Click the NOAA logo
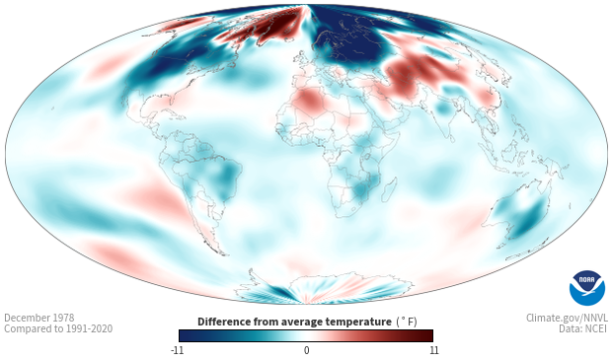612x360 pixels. pyautogui.click(x=587, y=287)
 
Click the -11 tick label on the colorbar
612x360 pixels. pyautogui.click(x=177, y=350)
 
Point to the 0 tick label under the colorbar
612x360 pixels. pyautogui.click(x=306, y=350)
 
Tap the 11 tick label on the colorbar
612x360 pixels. pyautogui.click(x=434, y=350)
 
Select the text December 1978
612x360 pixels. pyautogui.click(x=39, y=318)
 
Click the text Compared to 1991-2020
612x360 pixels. pyautogui.click(x=58, y=328)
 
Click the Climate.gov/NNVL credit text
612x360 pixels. pyautogui.click(x=567, y=318)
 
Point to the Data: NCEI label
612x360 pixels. pyautogui.click(x=582, y=328)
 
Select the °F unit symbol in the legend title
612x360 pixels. pyautogui.click(x=407, y=323)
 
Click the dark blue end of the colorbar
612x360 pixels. pyautogui.click(x=186, y=335)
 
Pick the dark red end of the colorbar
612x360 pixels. pyautogui.click(x=427, y=335)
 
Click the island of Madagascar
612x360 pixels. pyautogui.click(x=390, y=190)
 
